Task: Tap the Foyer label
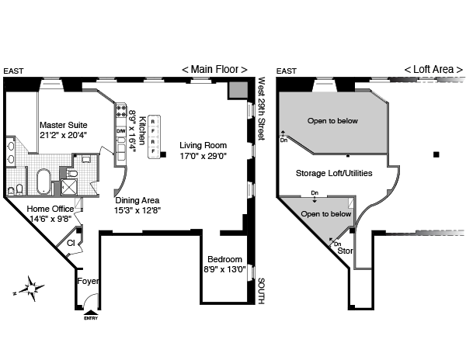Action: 88,282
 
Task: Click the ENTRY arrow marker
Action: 89,313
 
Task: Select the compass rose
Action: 30,289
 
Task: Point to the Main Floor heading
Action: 214,69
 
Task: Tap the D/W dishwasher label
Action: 120,131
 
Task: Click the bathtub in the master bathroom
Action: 44,181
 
